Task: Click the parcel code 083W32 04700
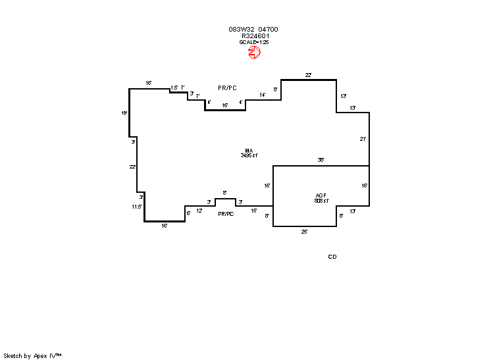(253, 30)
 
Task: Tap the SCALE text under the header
(254, 42)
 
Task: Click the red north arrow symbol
(254, 53)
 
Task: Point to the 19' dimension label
(124, 113)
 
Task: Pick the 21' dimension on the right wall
(363, 139)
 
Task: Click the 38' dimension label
(321, 160)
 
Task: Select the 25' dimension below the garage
(305, 232)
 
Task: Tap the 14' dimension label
(263, 95)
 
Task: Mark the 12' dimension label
(199, 211)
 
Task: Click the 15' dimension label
(254, 211)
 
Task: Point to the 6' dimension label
(188, 213)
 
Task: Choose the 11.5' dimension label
(137, 207)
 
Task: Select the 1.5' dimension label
(174, 88)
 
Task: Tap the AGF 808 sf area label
(321, 197)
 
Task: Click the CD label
(332, 257)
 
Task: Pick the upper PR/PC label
(227, 88)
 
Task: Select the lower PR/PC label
(226, 214)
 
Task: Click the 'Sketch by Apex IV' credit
(32, 355)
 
